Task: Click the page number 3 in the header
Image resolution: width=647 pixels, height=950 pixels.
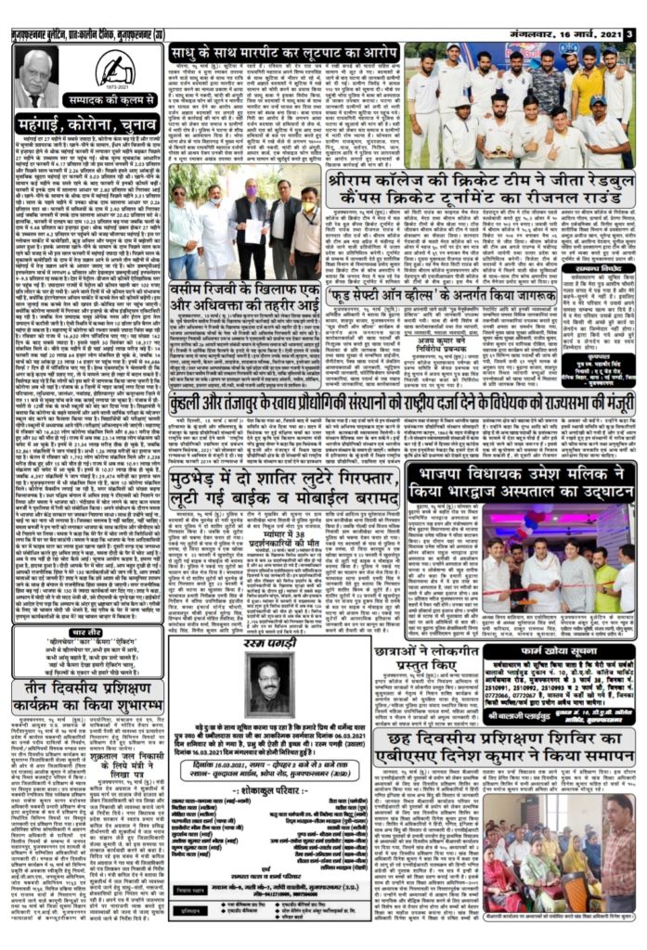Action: coord(630,34)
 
